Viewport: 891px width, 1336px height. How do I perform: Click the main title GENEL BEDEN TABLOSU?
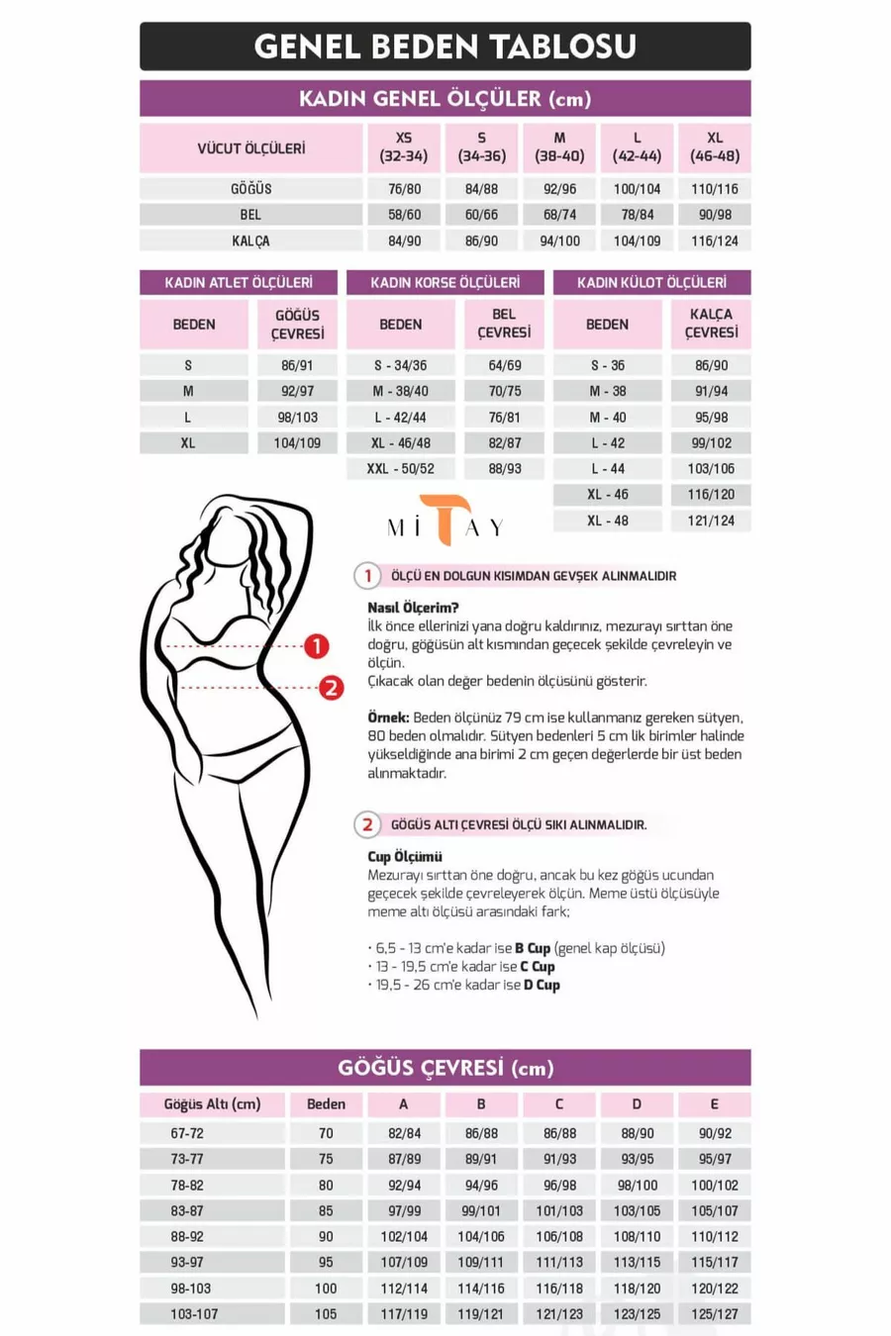[x=445, y=47]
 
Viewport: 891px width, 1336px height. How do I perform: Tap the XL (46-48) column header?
[x=714, y=147]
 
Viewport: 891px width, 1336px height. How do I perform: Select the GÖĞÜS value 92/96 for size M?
[x=559, y=189]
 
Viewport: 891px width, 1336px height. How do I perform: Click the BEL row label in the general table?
[x=250, y=215]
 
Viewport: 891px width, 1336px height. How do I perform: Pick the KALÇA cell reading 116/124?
[x=714, y=240]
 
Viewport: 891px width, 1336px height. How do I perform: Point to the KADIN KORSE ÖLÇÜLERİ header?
[x=445, y=283]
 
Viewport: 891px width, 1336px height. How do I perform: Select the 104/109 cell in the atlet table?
[x=297, y=443]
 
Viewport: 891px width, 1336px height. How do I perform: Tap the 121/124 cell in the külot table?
[x=711, y=521]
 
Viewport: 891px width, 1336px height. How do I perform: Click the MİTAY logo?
[x=446, y=522]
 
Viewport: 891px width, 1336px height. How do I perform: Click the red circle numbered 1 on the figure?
[x=316, y=646]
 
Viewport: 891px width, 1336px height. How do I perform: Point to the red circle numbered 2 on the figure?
[x=331, y=687]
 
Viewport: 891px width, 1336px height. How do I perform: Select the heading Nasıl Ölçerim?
[x=413, y=608]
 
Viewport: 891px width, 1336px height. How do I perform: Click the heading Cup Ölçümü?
[x=405, y=857]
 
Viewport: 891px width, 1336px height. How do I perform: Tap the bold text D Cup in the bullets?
[x=542, y=985]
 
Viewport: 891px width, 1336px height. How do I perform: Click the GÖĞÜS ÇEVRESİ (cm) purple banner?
[x=445, y=1068]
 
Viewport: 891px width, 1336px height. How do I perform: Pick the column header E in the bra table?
[x=714, y=1104]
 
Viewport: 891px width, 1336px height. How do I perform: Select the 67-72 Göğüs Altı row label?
[x=187, y=1134]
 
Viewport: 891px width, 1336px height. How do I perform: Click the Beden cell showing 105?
[x=326, y=1314]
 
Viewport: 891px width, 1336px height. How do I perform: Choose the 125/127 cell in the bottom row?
[x=714, y=1314]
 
